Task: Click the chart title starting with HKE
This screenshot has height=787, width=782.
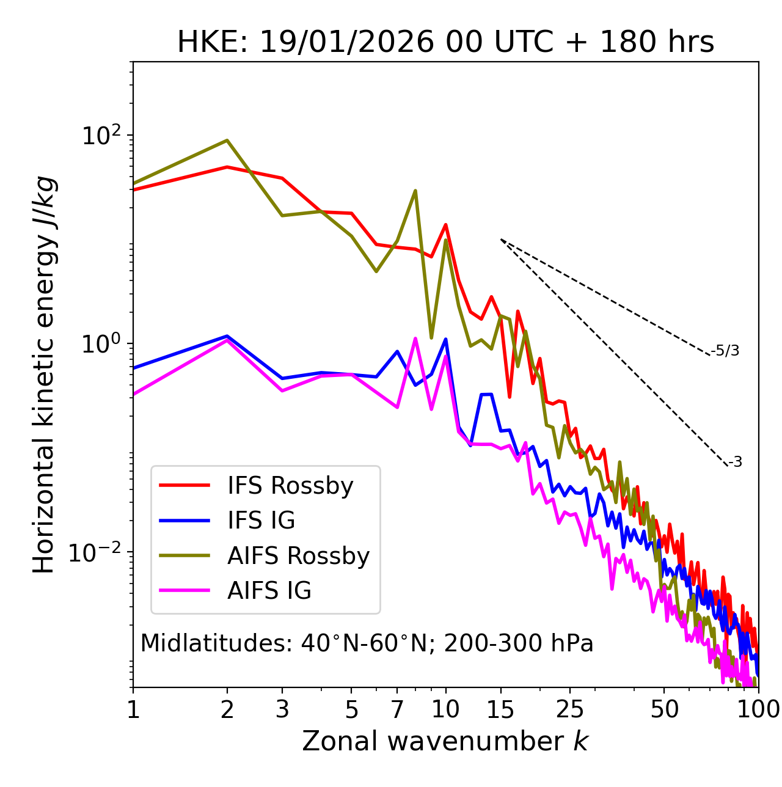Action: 445,42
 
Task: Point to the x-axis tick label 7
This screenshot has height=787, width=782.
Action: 397,709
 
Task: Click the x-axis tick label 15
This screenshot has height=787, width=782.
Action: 500,709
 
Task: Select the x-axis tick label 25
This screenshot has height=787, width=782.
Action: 570,709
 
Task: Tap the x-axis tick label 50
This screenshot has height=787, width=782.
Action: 664,709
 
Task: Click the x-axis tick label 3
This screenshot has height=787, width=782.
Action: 282,709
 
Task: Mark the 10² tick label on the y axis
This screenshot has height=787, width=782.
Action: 101,136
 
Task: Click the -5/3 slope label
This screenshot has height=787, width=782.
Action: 725,351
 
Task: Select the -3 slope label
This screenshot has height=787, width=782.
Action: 735,463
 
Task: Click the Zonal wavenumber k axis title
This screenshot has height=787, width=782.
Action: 445,741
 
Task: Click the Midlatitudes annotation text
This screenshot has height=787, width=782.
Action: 367,643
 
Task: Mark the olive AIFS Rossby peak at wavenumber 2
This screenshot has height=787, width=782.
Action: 227,141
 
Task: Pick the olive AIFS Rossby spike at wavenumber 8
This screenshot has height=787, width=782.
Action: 415,191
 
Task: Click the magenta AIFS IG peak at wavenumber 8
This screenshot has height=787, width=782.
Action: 415,339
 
